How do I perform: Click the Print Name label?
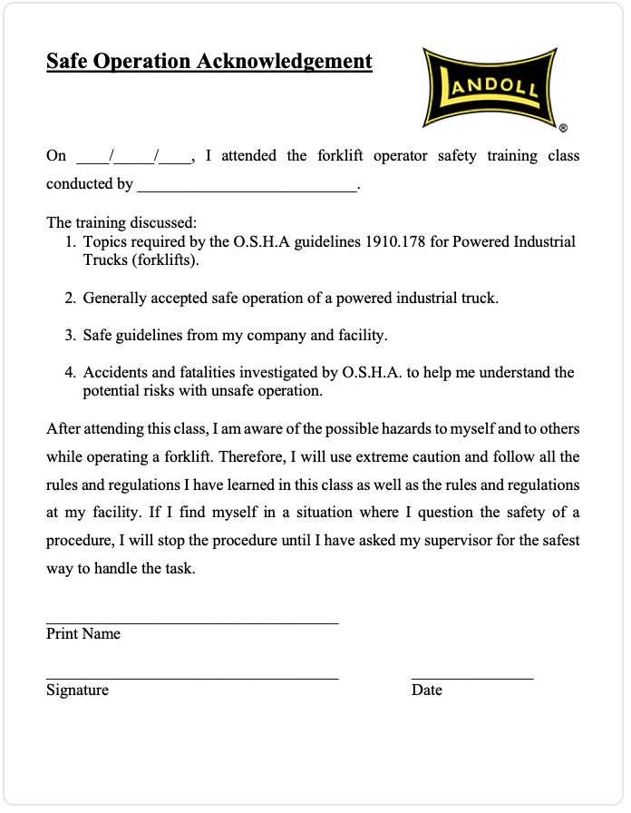click(x=83, y=633)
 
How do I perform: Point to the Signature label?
click(x=77, y=690)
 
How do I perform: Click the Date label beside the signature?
click(x=427, y=690)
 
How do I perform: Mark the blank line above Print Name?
click(x=192, y=622)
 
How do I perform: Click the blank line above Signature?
click(x=192, y=677)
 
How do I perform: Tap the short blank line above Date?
click(x=472, y=677)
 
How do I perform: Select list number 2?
click(x=70, y=298)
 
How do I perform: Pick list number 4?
click(x=70, y=372)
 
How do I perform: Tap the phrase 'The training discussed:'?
click(x=121, y=222)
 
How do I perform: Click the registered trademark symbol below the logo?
click(x=563, y=129)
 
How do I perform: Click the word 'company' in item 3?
click(x=277, y=335)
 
